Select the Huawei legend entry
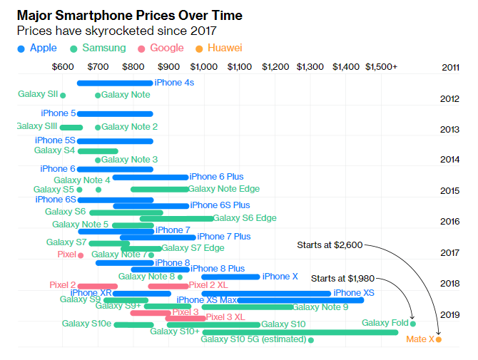pyautogui.click(x=219, y=48)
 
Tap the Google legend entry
pyautogui.click(x=160, y=48)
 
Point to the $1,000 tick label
pyautogui.click(x=204, y=67)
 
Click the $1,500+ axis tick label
pyautogui.click(x=381, y=67)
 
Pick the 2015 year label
pyautogui.click(x=450, y=191)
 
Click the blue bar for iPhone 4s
pyautogui.click(x=114, y=83)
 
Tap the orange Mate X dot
pyautogui.click(x=439, y=339)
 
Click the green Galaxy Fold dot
pyautogui.click(x=413, y=324)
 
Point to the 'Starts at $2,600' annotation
pyautogui.click(x=330, y=245)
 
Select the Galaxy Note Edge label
pyautogui.click(x=224, y=189)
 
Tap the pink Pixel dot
pyautogui.click(x=81, y=255)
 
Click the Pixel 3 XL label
pyautogui.click(x=225, y=317)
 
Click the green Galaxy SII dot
pyautogui.click(x=63, y=95)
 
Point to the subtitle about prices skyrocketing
pyautogui.click(x=116, y=31)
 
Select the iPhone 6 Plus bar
pyautogui.click(x=151, y=177)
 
